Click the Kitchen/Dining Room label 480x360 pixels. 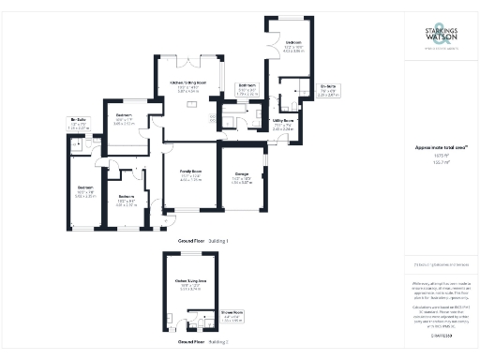(x=193, y=83)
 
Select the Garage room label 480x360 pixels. (x=242, y=177)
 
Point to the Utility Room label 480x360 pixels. (x=283, y=122)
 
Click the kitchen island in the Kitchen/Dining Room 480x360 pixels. (x=192, y=104)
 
